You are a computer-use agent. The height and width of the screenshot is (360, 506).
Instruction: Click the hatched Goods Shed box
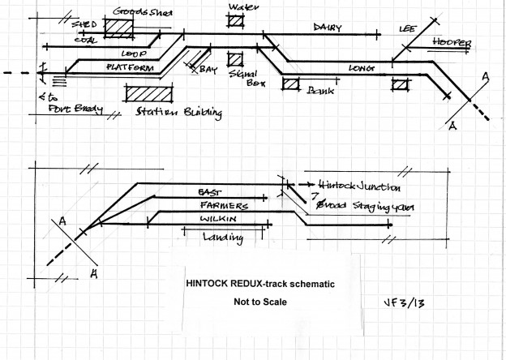coord(122,27)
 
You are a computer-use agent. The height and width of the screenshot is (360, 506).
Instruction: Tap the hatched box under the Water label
coord(236,22)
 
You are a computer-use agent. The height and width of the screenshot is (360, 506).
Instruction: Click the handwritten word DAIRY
coord(328,28)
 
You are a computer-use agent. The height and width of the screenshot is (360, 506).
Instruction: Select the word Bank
coord(321,92)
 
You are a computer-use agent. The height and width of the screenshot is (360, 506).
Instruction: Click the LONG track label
coord(362,68)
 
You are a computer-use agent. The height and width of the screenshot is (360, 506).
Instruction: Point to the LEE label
coord(406,28)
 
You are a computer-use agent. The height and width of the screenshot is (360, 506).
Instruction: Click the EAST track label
coord(210,191)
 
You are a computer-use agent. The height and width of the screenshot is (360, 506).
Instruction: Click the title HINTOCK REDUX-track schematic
coord(259,285)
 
